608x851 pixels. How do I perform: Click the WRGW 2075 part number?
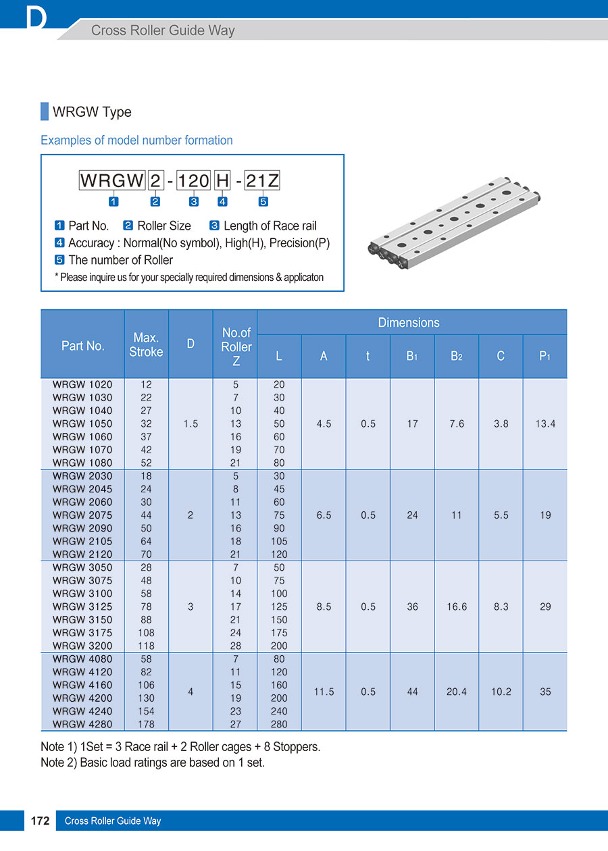pos(82,515)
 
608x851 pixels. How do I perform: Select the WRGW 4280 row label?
pos(82,724)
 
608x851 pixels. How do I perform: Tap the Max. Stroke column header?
pos(146,344)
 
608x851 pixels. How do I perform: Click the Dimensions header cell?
pos(409,323)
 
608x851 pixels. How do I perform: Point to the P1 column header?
pos(544,356)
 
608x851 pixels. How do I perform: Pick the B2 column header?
pos(457,356)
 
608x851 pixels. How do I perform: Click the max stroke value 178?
pos(146,724)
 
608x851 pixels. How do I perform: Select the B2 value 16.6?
pos(457,607)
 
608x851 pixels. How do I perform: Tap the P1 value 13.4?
pos(544,423)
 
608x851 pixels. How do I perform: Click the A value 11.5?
pos(324,692)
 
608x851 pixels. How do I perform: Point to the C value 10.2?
pos(501,692)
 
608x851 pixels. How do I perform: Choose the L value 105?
pos(279,541)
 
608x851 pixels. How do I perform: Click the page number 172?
pos(40,821)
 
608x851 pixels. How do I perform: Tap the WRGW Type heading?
pos(92,112)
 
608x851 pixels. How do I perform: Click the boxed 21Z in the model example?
pos(262,181)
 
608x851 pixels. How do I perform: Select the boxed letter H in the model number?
pos(222,181)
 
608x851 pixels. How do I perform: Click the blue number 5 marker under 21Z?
pos(263,201)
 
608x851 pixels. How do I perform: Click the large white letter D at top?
pos(36,18)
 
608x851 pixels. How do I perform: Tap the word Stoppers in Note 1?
pos(294,747)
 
